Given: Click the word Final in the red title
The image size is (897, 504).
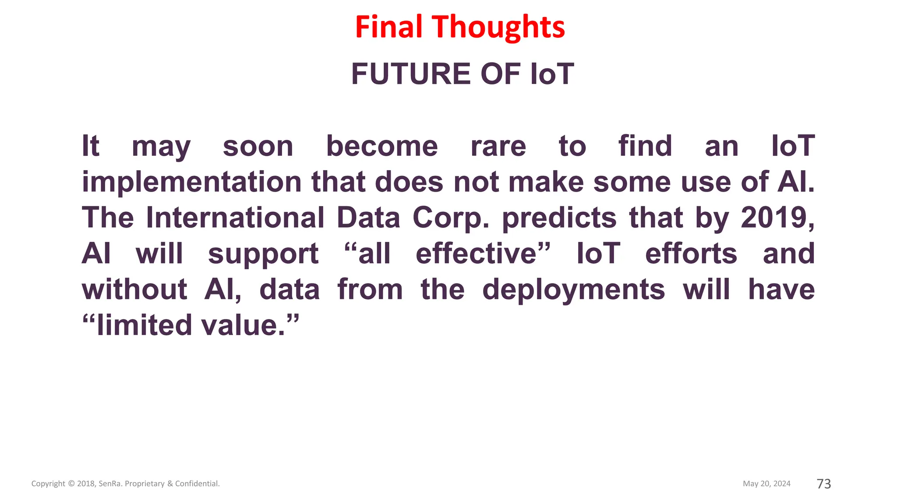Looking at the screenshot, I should [388, 27].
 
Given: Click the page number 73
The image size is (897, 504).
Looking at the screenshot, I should [824, 483].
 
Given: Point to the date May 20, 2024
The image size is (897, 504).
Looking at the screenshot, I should [766, 483].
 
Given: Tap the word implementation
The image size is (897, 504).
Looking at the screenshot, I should [191, 182].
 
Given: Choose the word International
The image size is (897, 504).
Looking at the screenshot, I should [235, 217].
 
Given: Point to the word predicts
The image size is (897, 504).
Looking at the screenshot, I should [559, 217].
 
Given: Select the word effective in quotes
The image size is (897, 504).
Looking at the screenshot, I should [476, 254].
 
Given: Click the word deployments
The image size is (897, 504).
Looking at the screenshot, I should [573, 290].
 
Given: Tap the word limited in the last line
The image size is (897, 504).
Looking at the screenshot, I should [144, 325].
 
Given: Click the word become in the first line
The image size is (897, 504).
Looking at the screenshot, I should [382, 146].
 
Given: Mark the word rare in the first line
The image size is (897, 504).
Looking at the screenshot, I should [498, 146].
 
